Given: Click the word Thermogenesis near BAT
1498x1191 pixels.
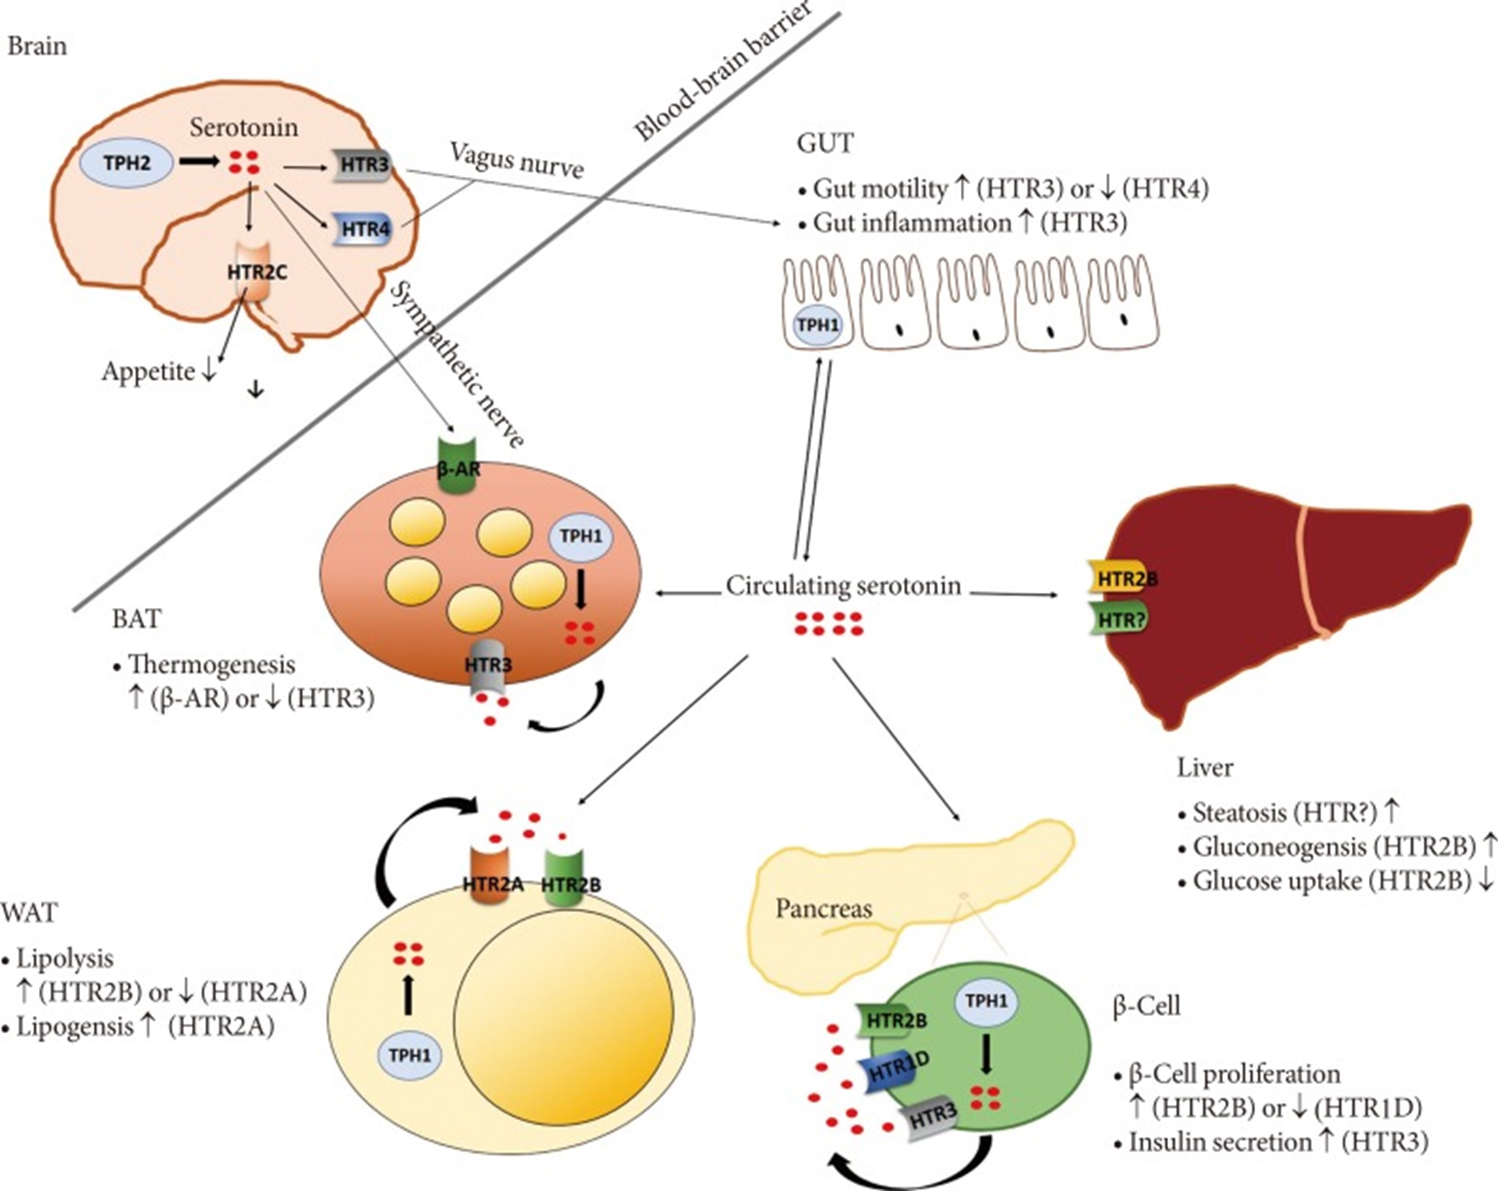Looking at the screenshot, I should pos(211,664).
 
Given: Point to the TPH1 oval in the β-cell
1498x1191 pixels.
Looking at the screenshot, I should pos(986,1001).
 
